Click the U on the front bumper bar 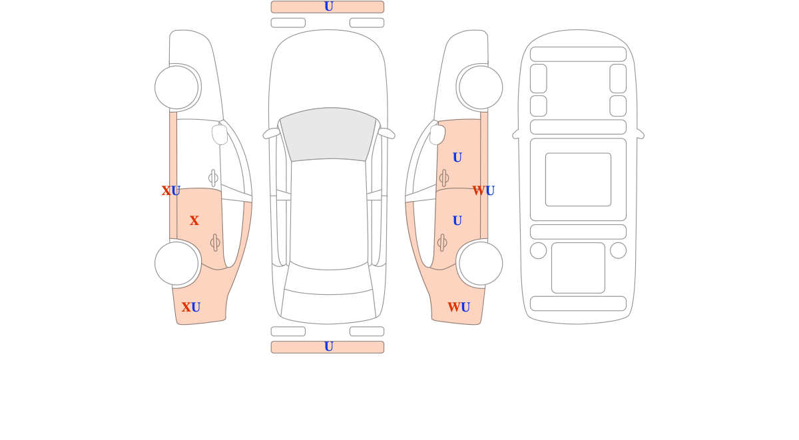[328, 7]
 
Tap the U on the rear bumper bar [328, 346]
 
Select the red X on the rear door [194, 220]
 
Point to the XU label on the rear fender [191, 307]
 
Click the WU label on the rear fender [459, 307]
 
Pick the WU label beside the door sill [483, 191]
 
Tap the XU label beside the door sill [171, 191]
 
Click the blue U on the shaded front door [457, 157]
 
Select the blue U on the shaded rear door [457, 221]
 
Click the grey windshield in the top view [328, 134]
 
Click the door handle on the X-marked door [215, 243]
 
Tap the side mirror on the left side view [220, 134]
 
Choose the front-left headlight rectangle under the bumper [288, 23]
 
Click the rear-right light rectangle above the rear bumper [367, 331]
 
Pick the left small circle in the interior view [538, 250]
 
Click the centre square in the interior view [578, 179]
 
